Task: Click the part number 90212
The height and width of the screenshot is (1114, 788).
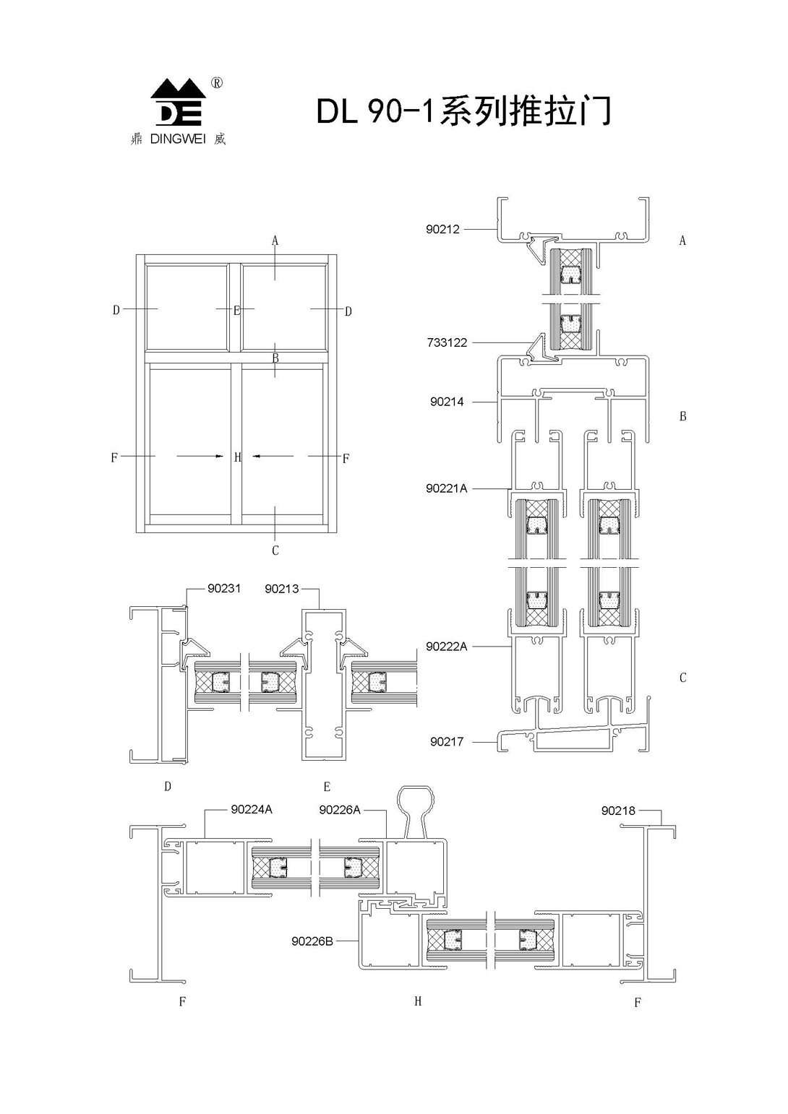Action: [x=442, y=229]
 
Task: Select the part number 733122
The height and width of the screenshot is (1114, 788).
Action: [x=447, y=342]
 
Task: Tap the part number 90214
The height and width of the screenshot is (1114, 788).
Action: [x=447, y=402]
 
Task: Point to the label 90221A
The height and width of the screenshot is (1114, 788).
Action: [x=447, y=489]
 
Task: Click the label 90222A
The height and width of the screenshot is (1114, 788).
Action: [x=447, y=647]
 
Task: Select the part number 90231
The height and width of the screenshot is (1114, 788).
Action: [x=224, y=588]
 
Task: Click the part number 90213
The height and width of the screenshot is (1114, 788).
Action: [x=282, y=589]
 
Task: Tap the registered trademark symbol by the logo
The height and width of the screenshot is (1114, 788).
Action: [x=217, y=84]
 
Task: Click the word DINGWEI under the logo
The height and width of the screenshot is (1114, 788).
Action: [x=178, y=139]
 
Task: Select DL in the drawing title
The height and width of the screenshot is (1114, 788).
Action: [x=337, y=113]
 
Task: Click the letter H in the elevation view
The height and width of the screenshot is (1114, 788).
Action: [x=237, y=457]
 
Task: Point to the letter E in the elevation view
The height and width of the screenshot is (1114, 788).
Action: [x=237, y=311]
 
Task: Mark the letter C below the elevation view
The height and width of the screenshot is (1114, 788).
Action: [x=275, y=550]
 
